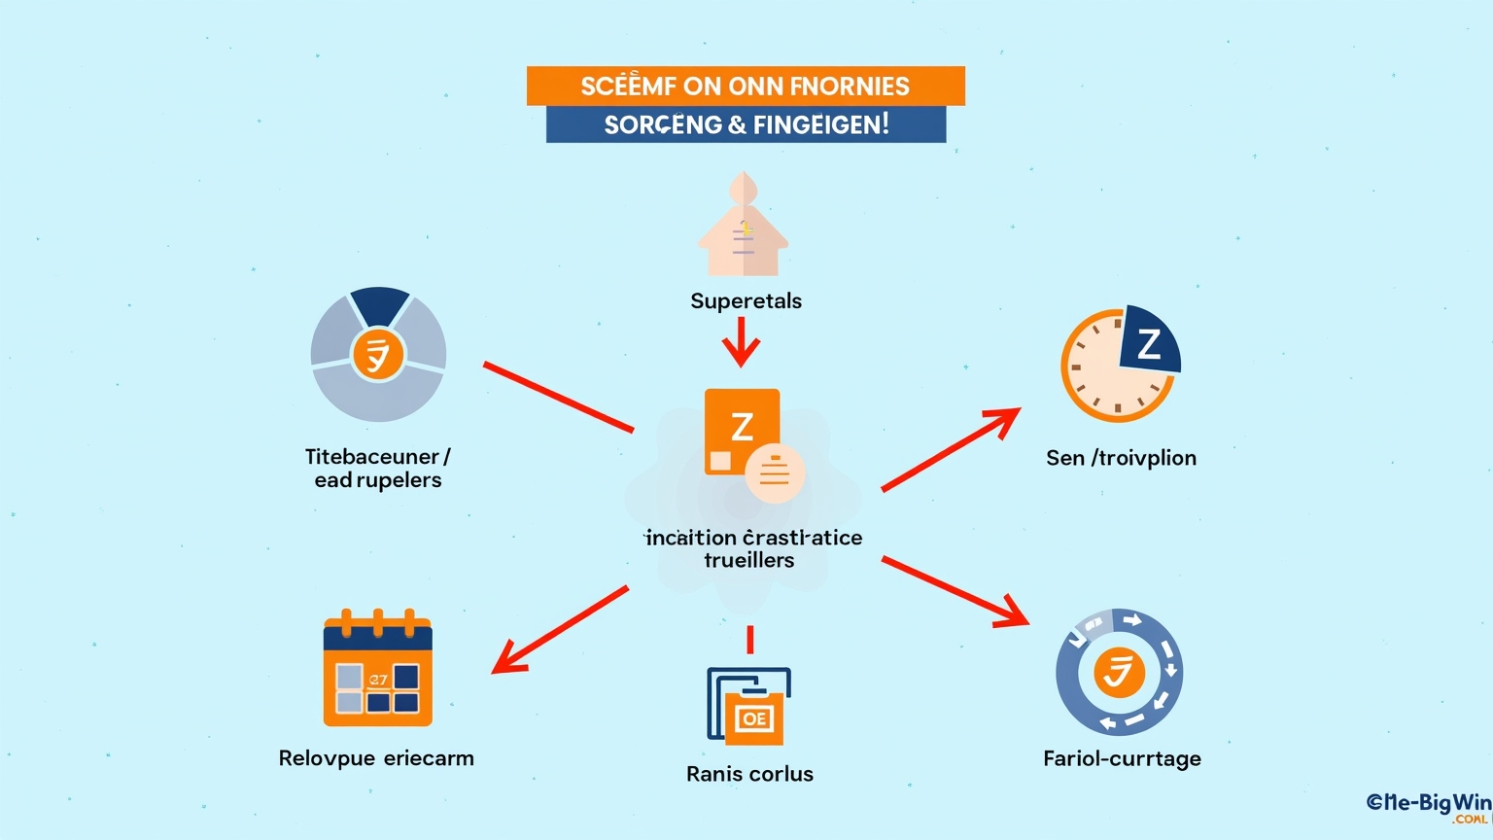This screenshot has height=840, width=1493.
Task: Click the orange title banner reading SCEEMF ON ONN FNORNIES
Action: [746, 86]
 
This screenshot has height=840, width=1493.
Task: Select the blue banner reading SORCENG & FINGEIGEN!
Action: [746, 124]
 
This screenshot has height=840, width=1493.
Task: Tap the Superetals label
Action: [746, 301]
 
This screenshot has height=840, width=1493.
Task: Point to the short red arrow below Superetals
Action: [741, 342]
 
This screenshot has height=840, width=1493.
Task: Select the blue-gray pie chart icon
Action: [378, 355]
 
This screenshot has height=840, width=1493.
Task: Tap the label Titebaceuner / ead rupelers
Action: [377, 468]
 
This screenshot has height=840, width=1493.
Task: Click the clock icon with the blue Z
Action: [1120, 365]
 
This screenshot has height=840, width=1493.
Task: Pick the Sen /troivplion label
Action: [1121, 458]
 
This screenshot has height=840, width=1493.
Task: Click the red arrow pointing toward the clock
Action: [951, 448]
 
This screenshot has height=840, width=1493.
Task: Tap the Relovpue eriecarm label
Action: [376, 758]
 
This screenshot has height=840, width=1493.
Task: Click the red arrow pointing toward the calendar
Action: [560, 629]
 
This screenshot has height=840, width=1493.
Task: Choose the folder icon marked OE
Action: [748, 705]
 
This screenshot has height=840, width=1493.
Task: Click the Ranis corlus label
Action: [749, 774]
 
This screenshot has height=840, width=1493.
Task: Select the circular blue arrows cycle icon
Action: [1119, 672]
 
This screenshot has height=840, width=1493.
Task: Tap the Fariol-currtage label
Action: [1122, 758]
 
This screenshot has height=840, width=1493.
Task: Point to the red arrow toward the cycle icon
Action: [955, 591]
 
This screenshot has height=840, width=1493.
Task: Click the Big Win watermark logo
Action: [1428, 805]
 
